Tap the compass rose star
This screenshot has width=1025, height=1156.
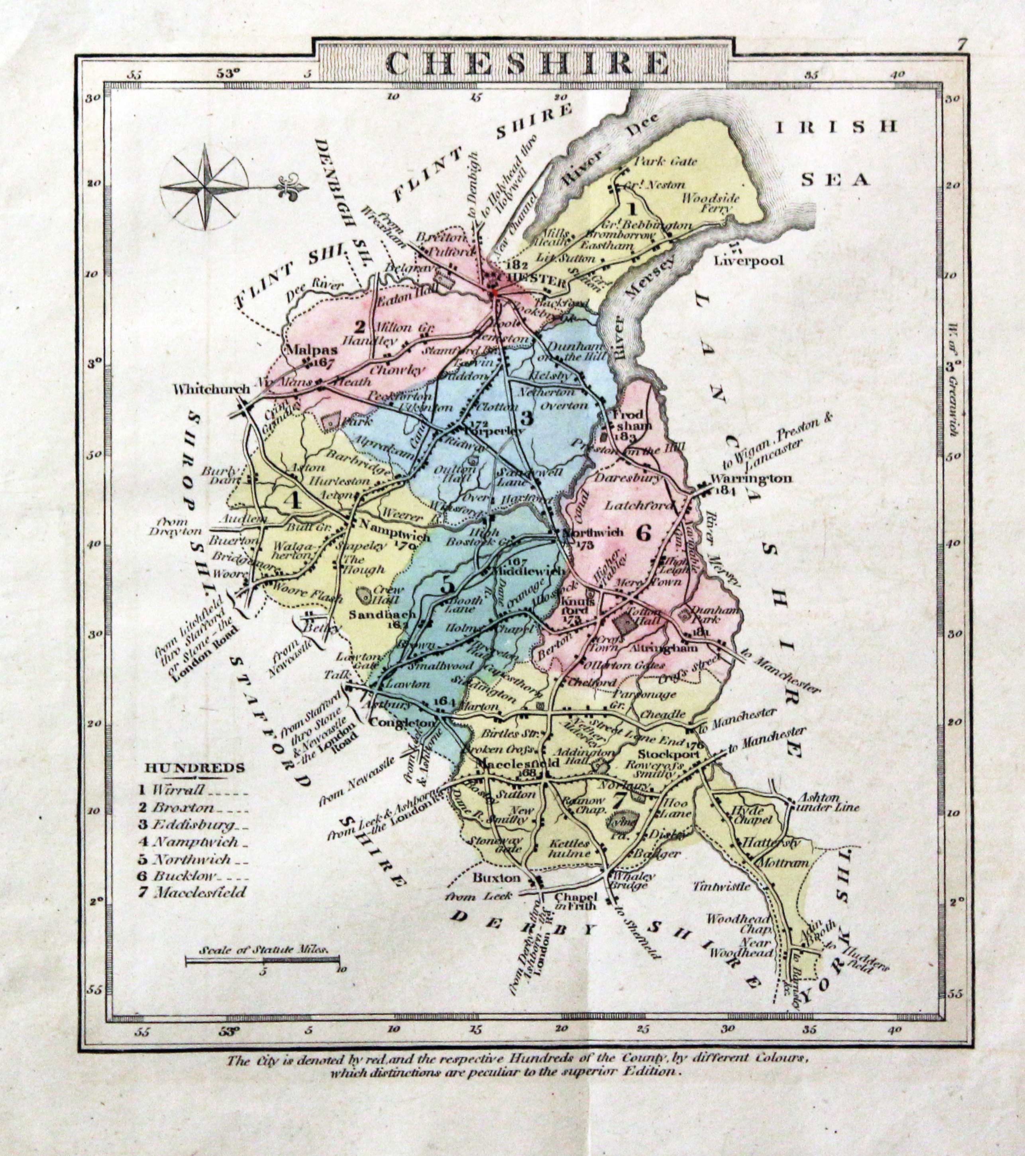tap(204, 187)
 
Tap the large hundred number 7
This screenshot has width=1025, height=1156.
tap(619, 799)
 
